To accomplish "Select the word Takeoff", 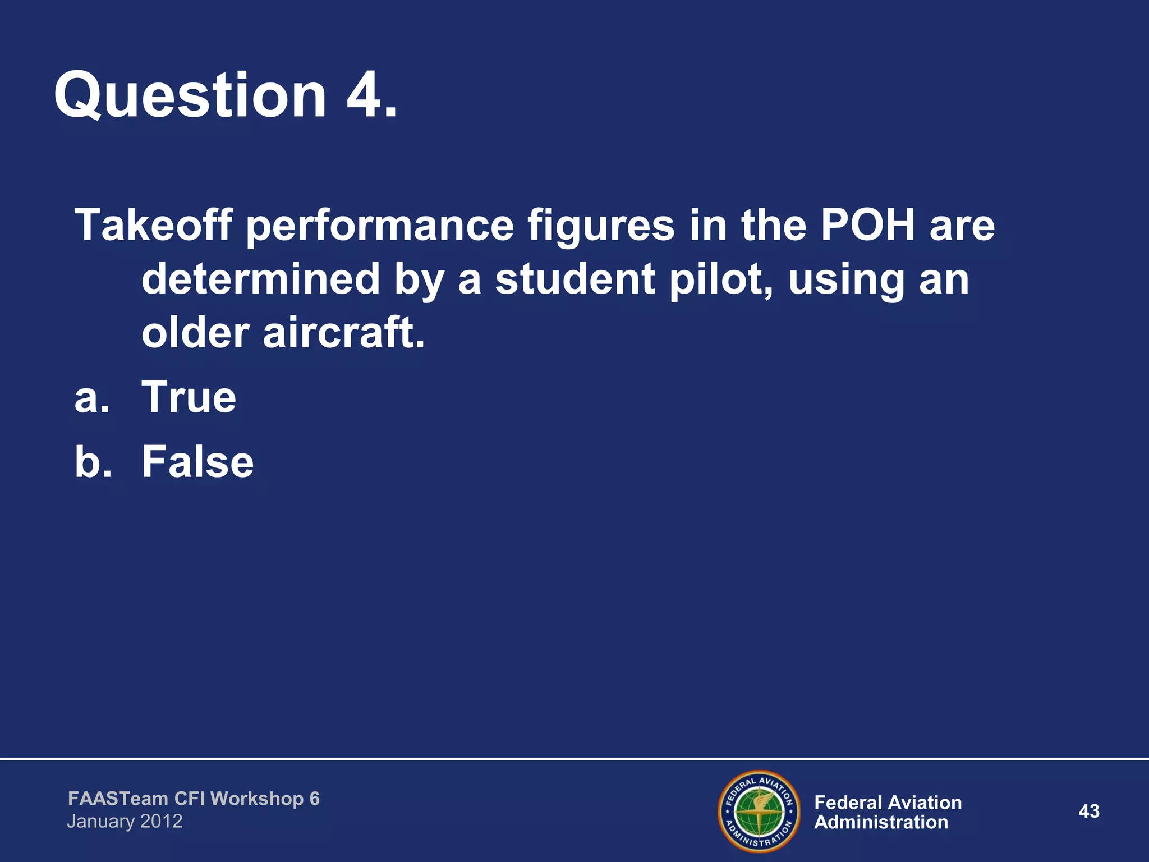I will tap(153, 225).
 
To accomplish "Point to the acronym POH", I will tap(867, 225).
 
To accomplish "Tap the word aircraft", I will tap(343, 333).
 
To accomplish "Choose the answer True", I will tap(189, 397).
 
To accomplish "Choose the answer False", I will tap(197, 462).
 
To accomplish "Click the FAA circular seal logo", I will tap(759, 811).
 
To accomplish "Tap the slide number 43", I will tap(1089, 811).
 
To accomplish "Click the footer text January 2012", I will tap(125, 822).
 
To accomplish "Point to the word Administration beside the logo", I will tap(881, 823).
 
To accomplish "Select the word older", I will tap(195, 333).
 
